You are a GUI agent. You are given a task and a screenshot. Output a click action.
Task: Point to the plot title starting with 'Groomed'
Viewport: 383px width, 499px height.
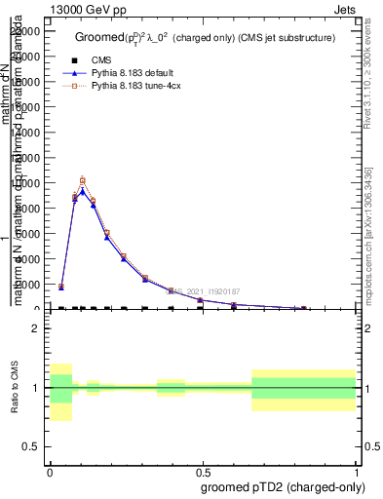[205, 37]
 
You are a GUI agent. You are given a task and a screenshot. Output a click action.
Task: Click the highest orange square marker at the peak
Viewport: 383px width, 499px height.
[83, 180]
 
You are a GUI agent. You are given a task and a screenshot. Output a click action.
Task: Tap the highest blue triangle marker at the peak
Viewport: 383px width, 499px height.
[83, 191]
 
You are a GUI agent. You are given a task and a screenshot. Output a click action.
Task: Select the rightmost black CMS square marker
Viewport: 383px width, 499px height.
[304, 309]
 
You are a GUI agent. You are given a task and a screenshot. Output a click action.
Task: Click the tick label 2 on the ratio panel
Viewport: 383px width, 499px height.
[36, 329]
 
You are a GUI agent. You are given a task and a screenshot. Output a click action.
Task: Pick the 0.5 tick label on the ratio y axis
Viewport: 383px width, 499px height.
[31, 446]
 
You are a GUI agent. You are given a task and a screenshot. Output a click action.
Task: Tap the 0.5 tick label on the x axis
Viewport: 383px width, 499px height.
[203, 471]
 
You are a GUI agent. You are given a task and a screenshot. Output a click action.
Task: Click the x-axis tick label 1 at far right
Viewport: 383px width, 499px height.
[356, 471]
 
